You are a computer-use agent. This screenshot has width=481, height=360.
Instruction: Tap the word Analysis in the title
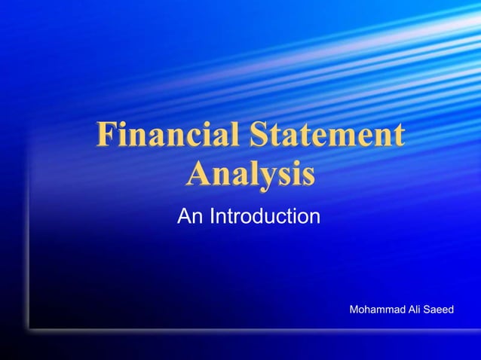coord(250,175)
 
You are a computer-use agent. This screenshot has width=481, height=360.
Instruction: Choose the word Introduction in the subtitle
coord(265,218)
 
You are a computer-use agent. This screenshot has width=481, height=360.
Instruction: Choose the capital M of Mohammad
coord(356,310)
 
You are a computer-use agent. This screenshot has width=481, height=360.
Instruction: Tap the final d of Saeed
coord(451,310)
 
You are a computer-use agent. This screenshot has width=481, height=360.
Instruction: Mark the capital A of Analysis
coord(199,175)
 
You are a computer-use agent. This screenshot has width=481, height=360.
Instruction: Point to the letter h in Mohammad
coord(372,310)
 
